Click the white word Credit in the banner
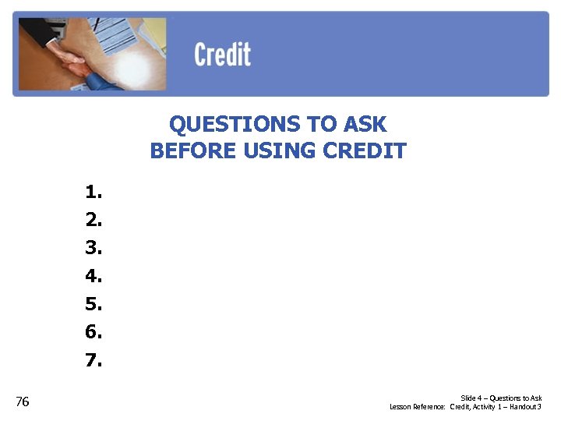click(x=222, y=55)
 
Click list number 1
click(x=93, y=192)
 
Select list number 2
click(x=93, y=220)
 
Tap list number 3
click(x=93, y=248)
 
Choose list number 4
click(x=93, y=276)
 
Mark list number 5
click(x=93, y=304)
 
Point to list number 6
click(x=93, y=332)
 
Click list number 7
click(x=93, y=360)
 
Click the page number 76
click(x=23, y=402)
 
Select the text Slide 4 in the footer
click(x=471, y=398)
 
